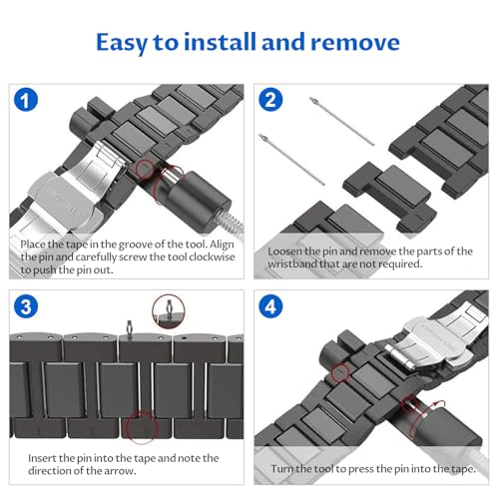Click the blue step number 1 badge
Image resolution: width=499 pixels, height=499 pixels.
pos(26,100)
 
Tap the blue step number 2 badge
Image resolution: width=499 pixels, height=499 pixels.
pos(270,100)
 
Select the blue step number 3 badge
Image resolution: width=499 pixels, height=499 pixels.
pos(26,306)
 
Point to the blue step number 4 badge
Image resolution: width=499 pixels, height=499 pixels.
pos(270,306)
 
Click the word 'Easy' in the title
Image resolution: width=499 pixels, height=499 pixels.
pos(122,43)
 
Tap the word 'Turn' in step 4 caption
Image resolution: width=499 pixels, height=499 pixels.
pos(281,469)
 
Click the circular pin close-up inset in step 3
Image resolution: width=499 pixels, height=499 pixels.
pos(169,311)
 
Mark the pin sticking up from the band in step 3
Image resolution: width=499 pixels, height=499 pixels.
pos(129,328)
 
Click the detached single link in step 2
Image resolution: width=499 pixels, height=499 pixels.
pos(389,197)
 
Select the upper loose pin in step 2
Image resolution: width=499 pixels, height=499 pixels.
pos(342,121)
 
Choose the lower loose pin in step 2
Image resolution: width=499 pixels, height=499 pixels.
pos(291,160)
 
